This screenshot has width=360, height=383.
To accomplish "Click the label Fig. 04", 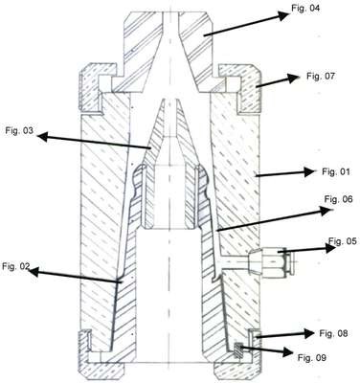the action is click(305, 8).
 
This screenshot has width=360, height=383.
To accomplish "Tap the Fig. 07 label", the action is click(321, 76).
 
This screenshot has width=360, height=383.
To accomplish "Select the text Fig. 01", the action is click(336, 172).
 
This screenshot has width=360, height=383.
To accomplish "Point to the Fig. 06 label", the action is click(339, 199).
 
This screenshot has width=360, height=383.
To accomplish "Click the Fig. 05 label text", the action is click(343, 241).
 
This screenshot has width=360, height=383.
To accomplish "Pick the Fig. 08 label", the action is click(333, 333).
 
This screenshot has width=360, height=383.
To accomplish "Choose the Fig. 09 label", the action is click(312, 358).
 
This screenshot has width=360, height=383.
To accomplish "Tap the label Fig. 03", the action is click(19, 130).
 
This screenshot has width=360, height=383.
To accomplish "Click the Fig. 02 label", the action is click(16, 266).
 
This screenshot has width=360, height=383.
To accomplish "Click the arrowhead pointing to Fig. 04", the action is click(282, 15).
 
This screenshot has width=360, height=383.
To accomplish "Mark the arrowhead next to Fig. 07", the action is click(292, 79).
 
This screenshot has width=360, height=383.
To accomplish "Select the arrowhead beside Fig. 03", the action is click(43, 137).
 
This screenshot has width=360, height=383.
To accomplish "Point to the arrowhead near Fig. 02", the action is click(34, 272).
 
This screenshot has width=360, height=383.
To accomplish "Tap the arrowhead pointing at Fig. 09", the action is click(285, 352).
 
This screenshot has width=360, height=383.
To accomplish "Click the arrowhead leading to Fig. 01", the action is click(309, 172).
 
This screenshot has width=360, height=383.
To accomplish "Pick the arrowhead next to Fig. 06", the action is click(324, 211).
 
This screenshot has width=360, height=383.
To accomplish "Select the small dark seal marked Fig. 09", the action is click(237, 349).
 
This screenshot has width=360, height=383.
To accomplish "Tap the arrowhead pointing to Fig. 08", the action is click(308, 333).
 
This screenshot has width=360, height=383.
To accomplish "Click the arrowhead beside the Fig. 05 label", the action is click(330, 248).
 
